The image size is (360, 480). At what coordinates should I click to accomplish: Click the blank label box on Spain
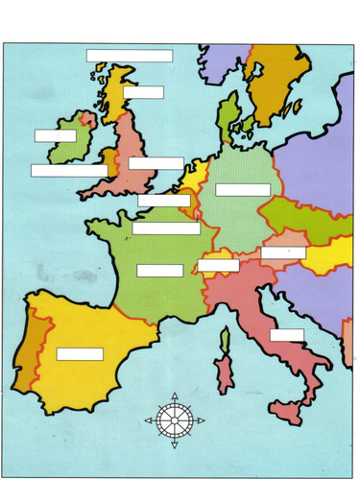pyautogui.click(x=80, y=354)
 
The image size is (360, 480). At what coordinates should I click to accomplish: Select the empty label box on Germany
pyautogui.click(x=242, y=190)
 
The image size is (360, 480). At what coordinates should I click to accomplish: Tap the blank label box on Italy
pyautogui.click(x=286, y=335)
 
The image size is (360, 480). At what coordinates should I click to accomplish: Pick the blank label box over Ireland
pyautogui.click(x=55, y=135)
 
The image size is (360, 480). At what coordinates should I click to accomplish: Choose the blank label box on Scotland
pyautogui.click(x=143, y=92)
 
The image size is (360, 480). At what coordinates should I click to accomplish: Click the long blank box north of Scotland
pyautogui.click(x=130, y=56)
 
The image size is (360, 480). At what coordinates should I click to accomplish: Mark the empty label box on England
pyautogui.click(x=156, y=163)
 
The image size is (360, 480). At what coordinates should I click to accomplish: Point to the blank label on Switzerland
pyautogui.click(x=218, y=265)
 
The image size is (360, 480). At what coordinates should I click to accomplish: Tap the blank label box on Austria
pyautogui.click(x=283, y=252)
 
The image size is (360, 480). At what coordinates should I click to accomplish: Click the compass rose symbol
pyautogui.click(x=173, y=420)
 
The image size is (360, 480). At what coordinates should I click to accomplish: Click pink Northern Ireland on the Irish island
pyautogui.click(x=88, y=120)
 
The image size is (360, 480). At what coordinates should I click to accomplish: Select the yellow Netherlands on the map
pyautogui.click(x=196, y=179)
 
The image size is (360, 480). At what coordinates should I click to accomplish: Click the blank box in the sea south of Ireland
pyautogui.click(x=69, y=171)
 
